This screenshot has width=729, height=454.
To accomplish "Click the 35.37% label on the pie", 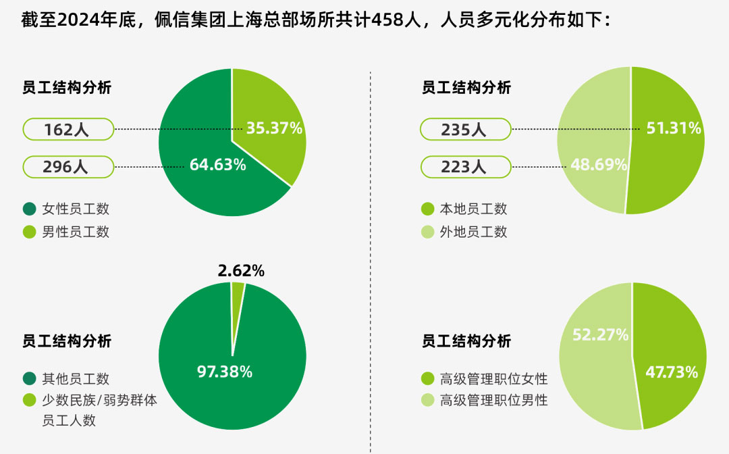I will (x=274, y=128).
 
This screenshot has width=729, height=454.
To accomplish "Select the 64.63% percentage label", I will (x=217, y=165).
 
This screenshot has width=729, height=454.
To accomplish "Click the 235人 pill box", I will (x=465, y=129).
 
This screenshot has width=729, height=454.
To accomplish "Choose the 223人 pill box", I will (x=465, y=167).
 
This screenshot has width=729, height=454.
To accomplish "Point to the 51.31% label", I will (x=674, y=128).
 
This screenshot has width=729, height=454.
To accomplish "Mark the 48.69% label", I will (x=599, y=165).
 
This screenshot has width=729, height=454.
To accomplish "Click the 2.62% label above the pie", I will (x=241, y=272).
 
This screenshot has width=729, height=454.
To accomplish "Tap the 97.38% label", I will (x=225, y=371).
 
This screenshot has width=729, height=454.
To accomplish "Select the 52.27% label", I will (x=600, y=334).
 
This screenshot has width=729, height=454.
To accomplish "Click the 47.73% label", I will (x=672, y=372).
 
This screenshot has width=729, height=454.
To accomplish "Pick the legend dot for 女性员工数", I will (x=29, y=209).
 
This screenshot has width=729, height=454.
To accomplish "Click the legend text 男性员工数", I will (x=76, y=232).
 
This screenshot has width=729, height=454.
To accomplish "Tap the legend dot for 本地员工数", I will (x=427, y=209).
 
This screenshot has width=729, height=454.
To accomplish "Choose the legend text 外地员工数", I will (x=473, y=232).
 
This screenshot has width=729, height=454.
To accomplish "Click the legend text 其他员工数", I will (x=76, y=378).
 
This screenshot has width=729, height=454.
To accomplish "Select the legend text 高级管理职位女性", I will (x=493, y=378).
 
